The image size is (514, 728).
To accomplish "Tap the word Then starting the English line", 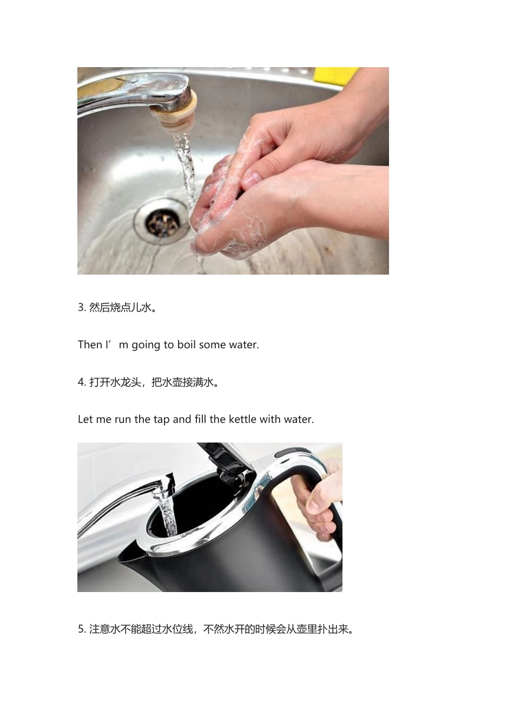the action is [90, 344].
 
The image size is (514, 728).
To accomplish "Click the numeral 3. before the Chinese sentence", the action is [82, 308].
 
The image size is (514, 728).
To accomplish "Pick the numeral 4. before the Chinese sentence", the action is [82, 382].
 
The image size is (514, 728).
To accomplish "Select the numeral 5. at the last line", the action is [82, 629].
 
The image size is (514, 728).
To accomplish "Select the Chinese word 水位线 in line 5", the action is [177, 629].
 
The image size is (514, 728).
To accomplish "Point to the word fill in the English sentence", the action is [200, 419].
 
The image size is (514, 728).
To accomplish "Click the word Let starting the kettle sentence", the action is [85, 419].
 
